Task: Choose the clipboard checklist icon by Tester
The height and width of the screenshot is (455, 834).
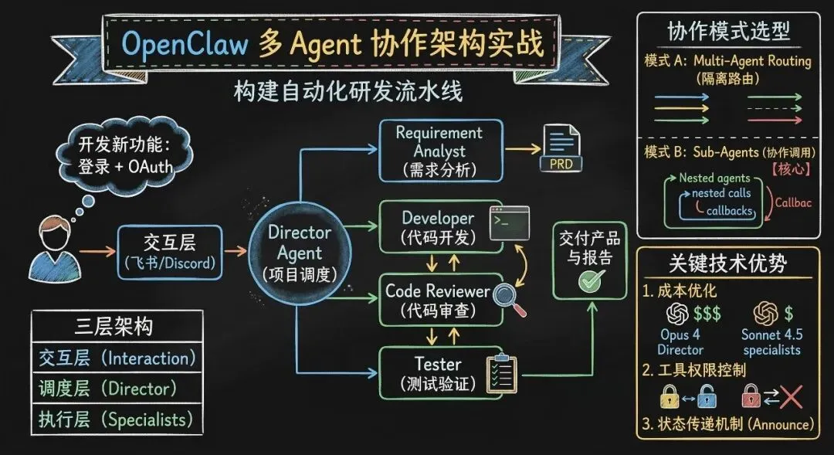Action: coord(500,372)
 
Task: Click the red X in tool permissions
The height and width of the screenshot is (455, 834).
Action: coord(792,396)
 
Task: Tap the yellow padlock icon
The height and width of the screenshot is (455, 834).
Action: coord(669,396)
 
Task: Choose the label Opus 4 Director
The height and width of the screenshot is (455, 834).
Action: coord(680,342)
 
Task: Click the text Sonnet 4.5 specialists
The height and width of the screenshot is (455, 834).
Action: coord(771,342)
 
